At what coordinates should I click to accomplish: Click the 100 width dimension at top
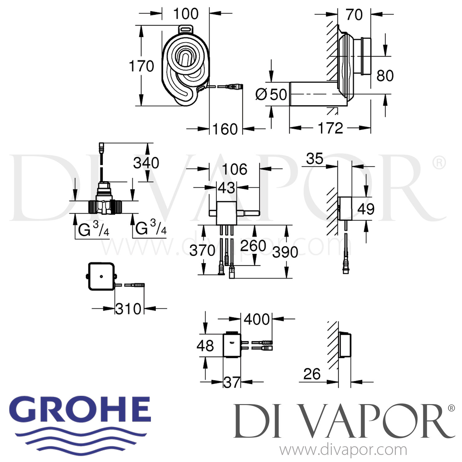[x=186, y=14]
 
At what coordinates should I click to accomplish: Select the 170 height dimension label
[x=141, y=66]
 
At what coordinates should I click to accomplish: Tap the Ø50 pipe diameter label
[x=271, y=94]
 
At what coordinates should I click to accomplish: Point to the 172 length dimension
[x=330, y=128]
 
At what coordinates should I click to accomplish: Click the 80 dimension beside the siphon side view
[x=385, y=76]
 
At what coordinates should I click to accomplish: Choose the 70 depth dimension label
[x=354, y=15]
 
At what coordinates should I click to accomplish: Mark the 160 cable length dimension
[x=225, y=129]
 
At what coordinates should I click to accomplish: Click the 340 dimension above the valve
[x=146, y=163]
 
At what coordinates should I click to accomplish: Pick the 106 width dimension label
[x=235, y=169]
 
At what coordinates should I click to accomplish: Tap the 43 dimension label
[x=226, y=188]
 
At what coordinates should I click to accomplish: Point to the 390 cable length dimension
[x=285, y=252]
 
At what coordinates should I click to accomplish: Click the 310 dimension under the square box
[x=128, y=309]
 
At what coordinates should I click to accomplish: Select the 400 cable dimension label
[x=257, y=319]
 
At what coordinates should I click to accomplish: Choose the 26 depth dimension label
[x=312, y=374]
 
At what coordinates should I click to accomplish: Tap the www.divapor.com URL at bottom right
[x=343, y=450]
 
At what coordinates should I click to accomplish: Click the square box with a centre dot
[x=101, y=276]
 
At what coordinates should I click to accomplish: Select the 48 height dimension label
[x=205, y=346]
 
